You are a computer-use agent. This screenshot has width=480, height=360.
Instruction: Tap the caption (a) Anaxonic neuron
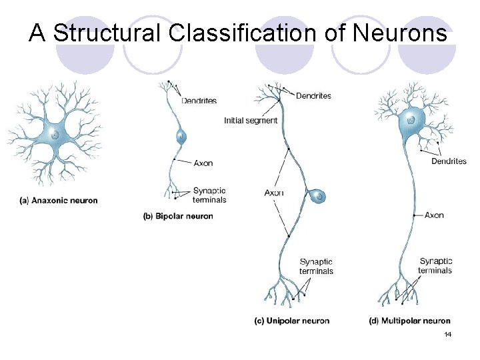click(x=59, y=201)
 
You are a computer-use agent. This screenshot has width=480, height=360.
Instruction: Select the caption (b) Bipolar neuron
click(x=179, y=216)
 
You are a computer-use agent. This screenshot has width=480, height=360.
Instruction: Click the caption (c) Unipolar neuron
click(x=292, y=321)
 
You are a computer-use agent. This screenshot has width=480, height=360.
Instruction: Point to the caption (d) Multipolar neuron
click(x=409, y=321)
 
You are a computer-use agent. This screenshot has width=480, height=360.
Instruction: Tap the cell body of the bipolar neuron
click(x=181, y=137)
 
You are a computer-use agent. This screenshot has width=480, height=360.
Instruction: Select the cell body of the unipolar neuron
click(x=319, y=196)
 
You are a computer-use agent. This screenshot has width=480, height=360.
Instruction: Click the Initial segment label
click(x=251, y=121)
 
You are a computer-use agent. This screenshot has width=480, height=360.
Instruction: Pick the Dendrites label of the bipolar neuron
click(x=199, y=101)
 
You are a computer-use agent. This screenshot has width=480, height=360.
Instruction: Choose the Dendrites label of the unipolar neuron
click(x=313, y=96)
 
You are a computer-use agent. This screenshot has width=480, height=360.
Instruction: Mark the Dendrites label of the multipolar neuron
click(x=449, y=161)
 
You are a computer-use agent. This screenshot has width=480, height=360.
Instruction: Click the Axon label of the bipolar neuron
click(x=203, y=163)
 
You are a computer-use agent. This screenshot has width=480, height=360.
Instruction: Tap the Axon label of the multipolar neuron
click(x=434, y=215)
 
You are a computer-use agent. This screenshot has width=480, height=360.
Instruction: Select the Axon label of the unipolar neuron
click(x=274, y=193)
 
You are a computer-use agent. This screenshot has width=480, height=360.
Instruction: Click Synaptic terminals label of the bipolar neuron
click(x=209, y=195)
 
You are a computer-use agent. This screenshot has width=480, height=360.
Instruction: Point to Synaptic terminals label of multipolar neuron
click(x=435, y=265)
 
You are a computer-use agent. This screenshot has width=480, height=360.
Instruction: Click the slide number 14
click(x=447, y=333)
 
